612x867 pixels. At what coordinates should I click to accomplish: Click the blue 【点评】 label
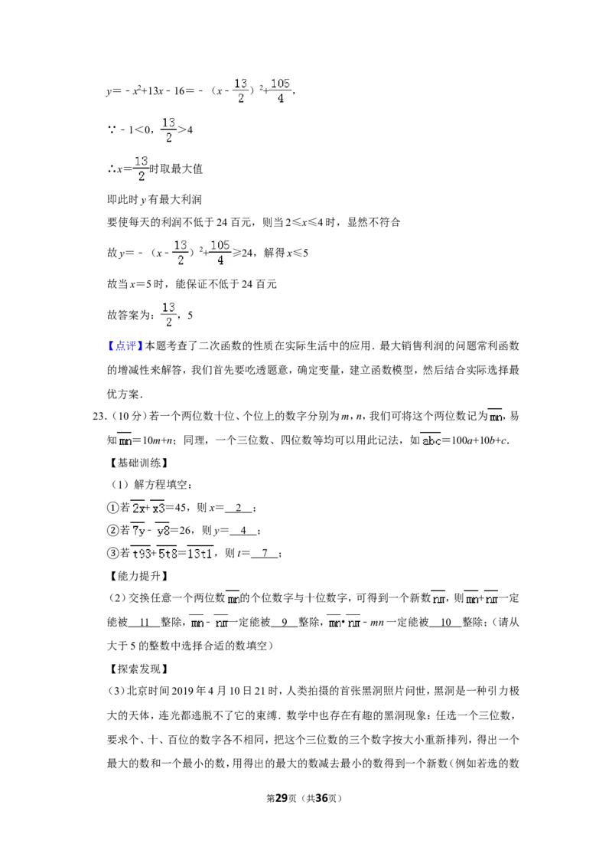click(125, 346)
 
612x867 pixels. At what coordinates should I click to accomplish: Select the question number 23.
click(100, 417)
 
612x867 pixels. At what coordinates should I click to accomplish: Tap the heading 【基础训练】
click(138, 463)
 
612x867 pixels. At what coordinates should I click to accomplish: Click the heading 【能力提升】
click(138, 576)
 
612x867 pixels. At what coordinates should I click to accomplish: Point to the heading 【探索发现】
click(138, 669)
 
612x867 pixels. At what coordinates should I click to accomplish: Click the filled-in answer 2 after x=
click(239, 508)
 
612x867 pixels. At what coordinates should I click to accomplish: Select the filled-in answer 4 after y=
click(243, 530)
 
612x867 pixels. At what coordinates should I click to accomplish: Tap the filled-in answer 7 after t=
click(265, 553)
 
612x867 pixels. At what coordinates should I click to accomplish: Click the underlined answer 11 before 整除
click(145, 622)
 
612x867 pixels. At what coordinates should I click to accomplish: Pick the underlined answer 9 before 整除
click(285, 622)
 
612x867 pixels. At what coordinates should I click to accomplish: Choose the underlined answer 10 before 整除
click(446, 622)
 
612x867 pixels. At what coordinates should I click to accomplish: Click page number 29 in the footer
click(282, 798)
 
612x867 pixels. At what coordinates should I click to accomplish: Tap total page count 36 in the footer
click(321, 798)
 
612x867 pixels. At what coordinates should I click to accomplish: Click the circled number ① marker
click(112, 508)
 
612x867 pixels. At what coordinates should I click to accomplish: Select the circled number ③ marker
click(112, 553)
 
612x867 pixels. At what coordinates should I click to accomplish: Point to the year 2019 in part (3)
click(182, 691)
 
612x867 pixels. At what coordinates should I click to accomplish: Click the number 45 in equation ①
click(181, 508)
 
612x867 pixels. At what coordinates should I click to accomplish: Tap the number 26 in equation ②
click(185, 530)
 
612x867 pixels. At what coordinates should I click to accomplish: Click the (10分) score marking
click(129, 417)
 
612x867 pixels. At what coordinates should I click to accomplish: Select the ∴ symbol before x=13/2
click(111, 168)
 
